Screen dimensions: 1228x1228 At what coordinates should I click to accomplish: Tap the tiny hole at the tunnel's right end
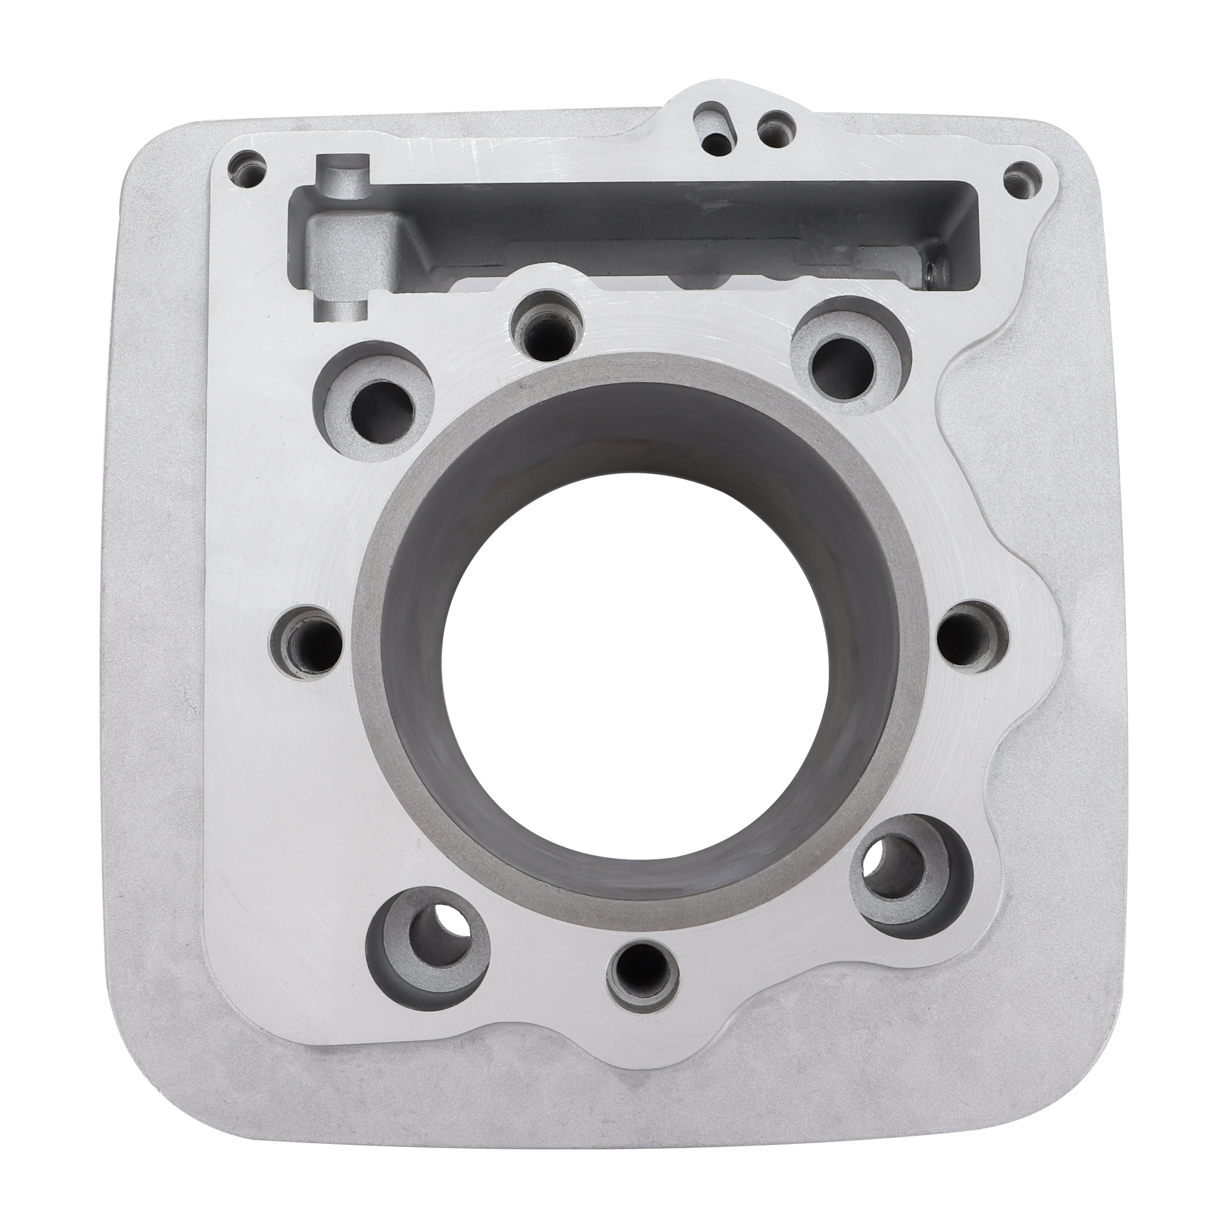pyautogui.click(x=932, y=274)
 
